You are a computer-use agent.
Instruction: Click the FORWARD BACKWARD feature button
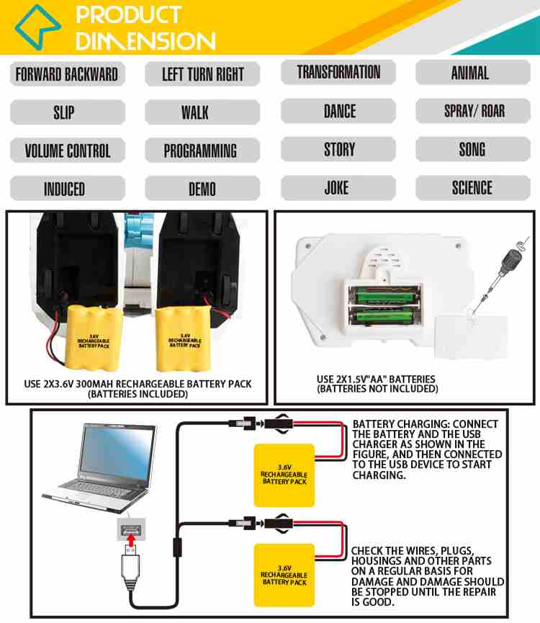tap(66, 73)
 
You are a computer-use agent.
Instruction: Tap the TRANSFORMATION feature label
tap(338, 72)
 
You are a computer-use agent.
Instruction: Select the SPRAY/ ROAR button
tap(474, 111)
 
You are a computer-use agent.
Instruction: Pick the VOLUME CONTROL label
tap(68, 151)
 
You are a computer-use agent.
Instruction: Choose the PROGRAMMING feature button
tap(200, 151)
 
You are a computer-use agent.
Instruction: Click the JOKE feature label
tap(336, 188)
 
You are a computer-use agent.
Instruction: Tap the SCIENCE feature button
tap(472, 188)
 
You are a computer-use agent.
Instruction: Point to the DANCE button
tap(339, 111)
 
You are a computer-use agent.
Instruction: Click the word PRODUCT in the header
tap(128, 14)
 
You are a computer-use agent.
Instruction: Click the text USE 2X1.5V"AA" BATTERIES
tap(376, 379)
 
